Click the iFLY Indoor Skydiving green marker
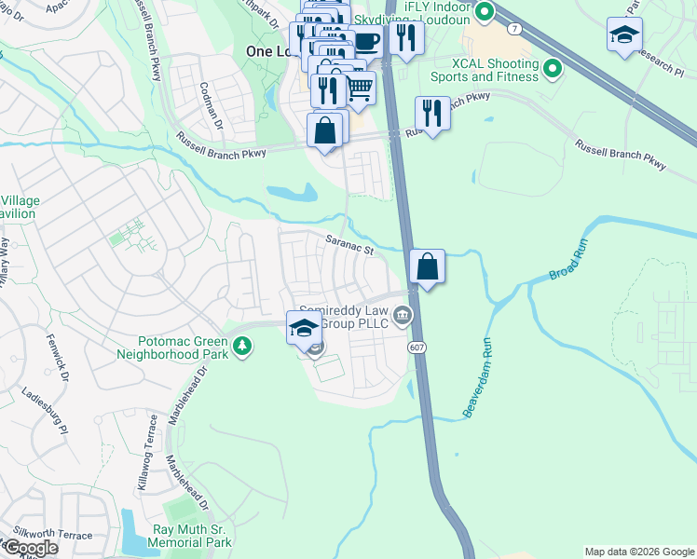pyautogui.click(x=483, y=12)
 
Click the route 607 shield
pyautogui.click(x=417, y=347)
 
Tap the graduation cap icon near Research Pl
pyautogui.click(x=624, y=35)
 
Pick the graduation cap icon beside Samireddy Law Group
pyautogui.click(x=304, y=328)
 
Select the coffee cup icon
pyautogui.click(x=367, y=43)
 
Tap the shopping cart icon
pyautogui.click(x=359, y=89)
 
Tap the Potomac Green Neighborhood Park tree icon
pyautogui.click(x=242, y=347)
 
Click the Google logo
pyautogui.click(x=31, y=547)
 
